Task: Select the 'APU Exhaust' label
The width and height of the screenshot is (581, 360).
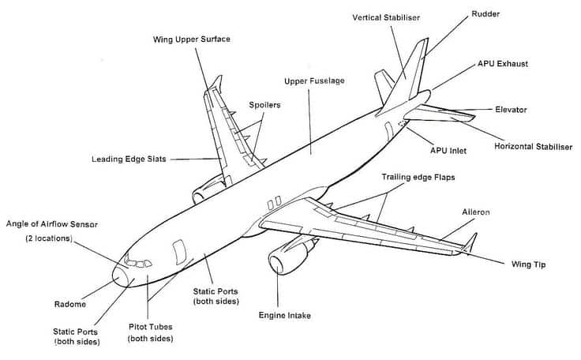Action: coord(503,63)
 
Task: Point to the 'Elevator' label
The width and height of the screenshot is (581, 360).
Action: coord(511,110)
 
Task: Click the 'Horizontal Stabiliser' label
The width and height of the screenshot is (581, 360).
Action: coord(534,147)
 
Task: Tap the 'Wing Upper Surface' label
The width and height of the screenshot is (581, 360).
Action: coord(192,39)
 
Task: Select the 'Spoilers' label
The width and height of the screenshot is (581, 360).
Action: coord(264,104)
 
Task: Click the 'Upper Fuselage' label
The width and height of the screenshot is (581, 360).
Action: coord(314,81)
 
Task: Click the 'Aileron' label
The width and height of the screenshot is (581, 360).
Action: coord(476,212)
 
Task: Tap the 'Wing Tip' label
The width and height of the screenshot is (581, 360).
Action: coord(529,264)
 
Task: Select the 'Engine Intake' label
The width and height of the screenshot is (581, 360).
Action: coord(285,315)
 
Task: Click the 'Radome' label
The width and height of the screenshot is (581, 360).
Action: coord(70,304)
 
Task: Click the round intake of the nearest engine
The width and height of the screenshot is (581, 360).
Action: coord(278,264)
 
